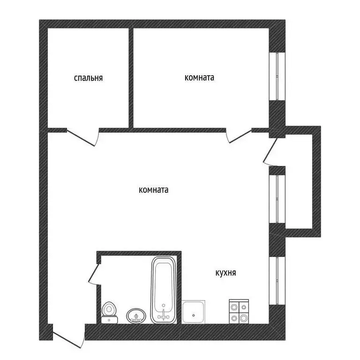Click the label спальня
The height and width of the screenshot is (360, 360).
click(88, 78)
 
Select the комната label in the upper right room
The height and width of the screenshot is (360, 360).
click(199, 78)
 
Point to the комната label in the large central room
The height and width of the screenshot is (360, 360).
click(154, 190)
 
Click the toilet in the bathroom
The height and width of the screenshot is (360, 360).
click(110, 311)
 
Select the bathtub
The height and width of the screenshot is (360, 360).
click(164, 291)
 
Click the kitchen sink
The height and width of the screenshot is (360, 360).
click(194, 312)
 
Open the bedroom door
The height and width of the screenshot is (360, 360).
click(82, 136)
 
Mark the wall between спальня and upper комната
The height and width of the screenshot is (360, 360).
click(131, 78)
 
